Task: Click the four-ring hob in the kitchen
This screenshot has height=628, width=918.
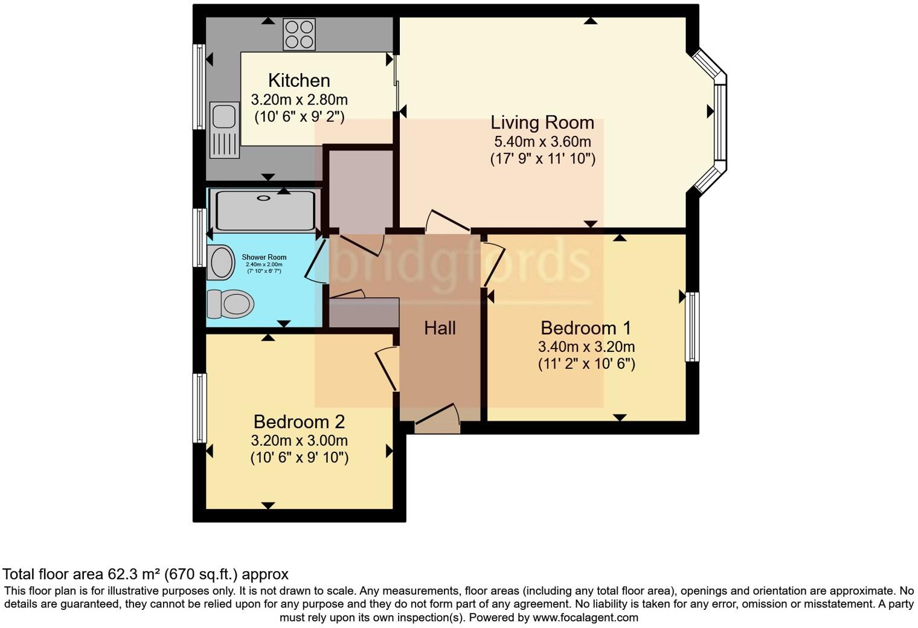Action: coord(300,34)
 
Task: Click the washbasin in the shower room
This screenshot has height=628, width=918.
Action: coord(220,263)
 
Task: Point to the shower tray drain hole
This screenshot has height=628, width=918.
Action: coord(265,198)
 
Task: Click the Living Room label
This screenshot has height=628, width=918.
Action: coord(542,123)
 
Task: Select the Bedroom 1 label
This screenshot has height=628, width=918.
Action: coord(585,328)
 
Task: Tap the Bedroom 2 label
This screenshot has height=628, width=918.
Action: coord(299,421)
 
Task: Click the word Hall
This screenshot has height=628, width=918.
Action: coord(439,328)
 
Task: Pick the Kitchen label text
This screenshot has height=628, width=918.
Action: coord(299,80)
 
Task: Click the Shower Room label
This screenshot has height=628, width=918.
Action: coord(264,257)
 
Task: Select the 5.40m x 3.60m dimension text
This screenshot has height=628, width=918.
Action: coord(542,142)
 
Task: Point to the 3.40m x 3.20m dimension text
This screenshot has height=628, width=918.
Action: coord(586,347)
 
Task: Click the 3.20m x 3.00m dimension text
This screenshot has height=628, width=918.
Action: coord(299,441)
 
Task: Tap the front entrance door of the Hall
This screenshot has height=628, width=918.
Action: coord(438,418)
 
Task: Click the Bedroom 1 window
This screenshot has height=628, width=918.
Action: coord(692,327)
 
